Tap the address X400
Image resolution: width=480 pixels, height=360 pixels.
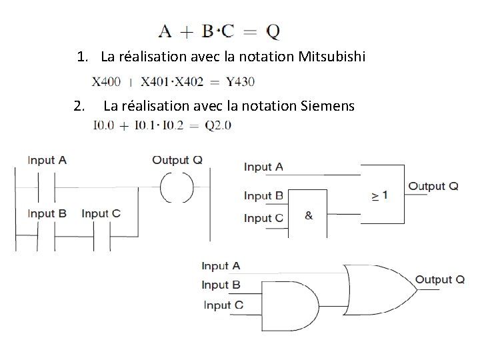pos(106,83)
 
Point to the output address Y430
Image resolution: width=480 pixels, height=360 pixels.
pos(240,83)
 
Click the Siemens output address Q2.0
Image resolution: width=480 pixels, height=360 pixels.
pos(217,125)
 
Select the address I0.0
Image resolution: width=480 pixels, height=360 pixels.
pos(105,125)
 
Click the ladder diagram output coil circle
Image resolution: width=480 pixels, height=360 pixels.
pos(176,186)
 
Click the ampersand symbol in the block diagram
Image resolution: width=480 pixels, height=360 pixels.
pos(309,216)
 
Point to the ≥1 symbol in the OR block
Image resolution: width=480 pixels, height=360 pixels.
pos(379,195)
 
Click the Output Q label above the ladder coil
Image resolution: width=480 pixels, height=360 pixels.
pos(177,160)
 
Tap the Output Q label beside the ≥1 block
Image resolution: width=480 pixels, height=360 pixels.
pos(433,186)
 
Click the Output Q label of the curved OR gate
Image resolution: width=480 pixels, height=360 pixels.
pos(440,279)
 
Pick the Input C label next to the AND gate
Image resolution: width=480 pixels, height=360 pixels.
pos(223,305)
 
